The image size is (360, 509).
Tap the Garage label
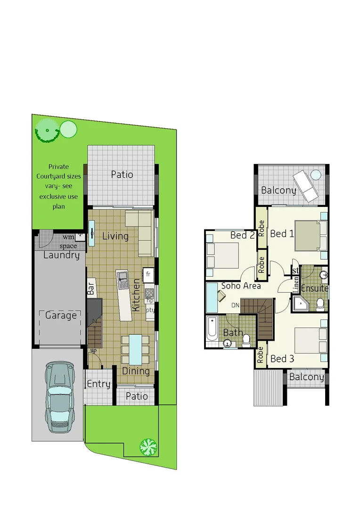tap(61, 315)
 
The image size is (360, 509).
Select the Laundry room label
tap(61, 255)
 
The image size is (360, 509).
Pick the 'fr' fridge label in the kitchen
tap(148, 274)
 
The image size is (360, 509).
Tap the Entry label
tap(98, 384)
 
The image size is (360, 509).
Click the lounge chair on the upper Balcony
tap(307, 185)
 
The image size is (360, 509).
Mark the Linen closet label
tap(296, 285)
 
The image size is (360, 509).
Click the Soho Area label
tap(241, 286)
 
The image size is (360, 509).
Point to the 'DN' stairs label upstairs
tap(235, 305)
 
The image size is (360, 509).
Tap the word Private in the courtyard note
tap(58, 166)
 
